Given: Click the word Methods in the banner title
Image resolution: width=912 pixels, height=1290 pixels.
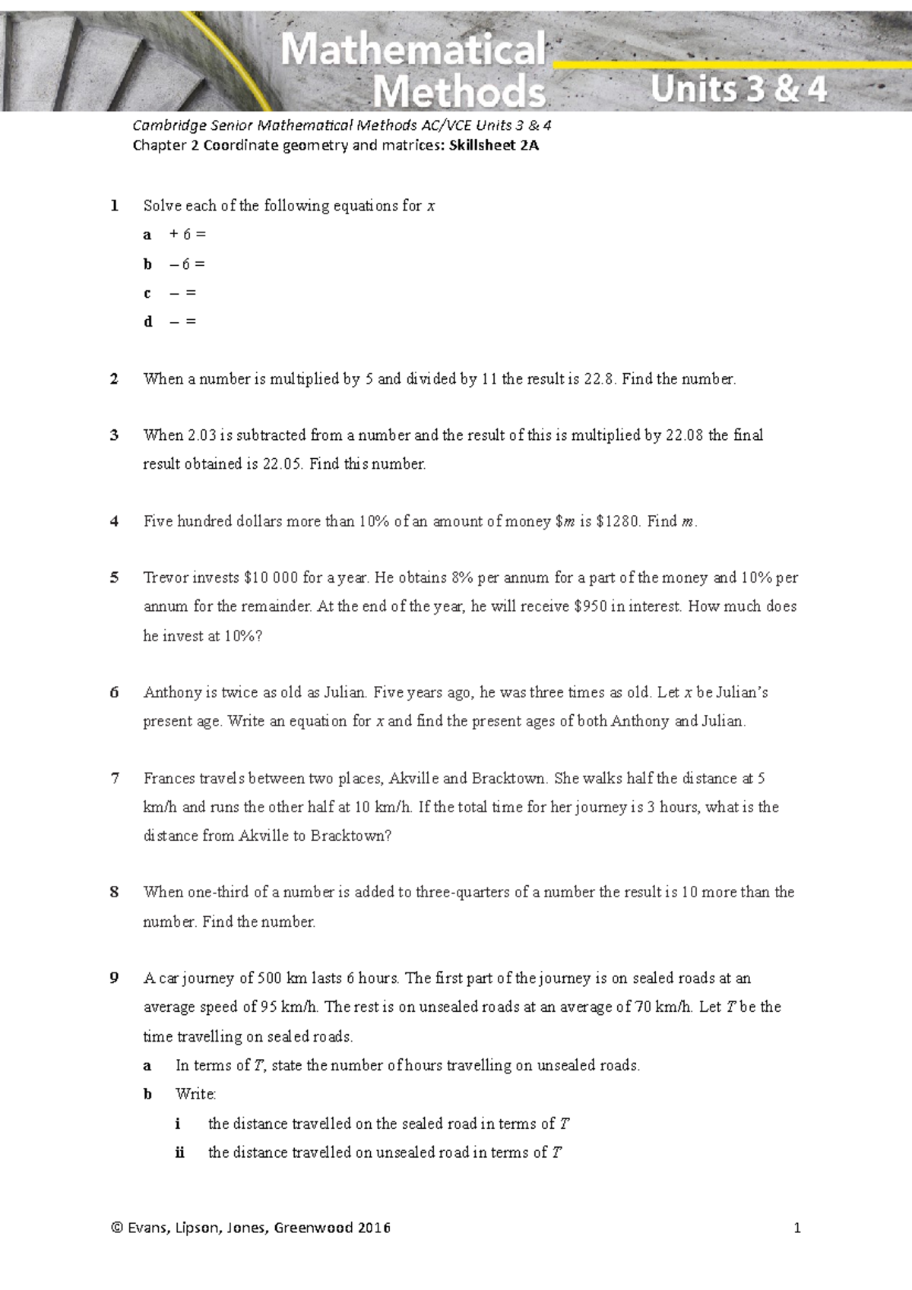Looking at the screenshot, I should [459, 92].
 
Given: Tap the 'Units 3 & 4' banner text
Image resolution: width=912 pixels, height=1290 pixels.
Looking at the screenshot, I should [738, 90].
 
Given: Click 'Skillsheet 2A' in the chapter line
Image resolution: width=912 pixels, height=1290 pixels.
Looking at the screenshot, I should [494, 145].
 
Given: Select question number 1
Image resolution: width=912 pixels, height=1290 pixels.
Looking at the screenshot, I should [114, 205].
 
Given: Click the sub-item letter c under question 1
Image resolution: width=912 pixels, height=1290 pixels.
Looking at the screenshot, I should [147, 293].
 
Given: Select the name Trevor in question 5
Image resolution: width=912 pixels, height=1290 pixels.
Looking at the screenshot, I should [165, 577].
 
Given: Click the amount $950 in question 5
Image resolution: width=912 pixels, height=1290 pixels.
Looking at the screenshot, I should [591, 606].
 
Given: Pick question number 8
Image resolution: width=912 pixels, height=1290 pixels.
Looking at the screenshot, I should [114, 892].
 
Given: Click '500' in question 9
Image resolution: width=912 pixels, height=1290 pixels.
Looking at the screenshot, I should [270, 978].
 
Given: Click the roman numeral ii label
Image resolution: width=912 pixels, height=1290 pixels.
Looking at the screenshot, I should [179, 1152].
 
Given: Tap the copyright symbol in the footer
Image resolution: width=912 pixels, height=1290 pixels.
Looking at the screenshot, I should [116, 1228].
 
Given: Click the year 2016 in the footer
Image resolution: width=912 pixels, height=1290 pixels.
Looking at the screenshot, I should [374, 1228].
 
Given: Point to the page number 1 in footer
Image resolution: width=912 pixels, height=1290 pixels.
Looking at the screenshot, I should [796, 1228].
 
